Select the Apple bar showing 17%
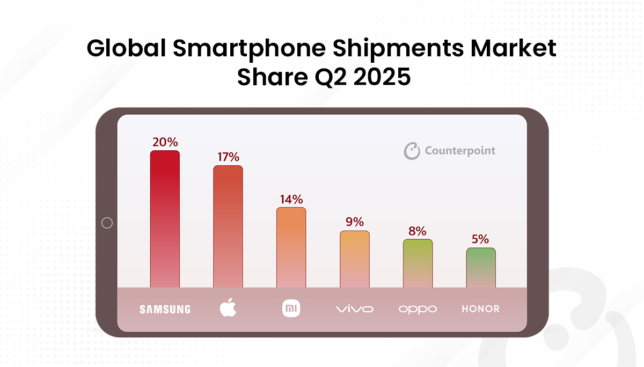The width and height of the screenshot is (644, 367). point(228,226)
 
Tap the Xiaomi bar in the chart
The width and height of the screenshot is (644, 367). point(291,247)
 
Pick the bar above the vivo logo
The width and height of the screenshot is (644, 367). point(354,259)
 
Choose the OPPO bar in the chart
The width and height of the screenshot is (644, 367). point(418,263)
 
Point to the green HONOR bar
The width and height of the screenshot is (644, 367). point(480,268)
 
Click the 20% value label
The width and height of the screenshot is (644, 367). point(165,142)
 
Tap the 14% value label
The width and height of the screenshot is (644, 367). point(291,200)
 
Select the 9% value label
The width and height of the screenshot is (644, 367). point(354,222)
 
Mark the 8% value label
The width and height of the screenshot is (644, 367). point(418,231)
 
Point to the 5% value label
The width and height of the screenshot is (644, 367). point(480,239)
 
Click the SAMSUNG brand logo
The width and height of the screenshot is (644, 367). point(165,309)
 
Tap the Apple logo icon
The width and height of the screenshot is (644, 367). point(228,308)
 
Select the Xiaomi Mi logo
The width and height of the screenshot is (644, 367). point(291,308)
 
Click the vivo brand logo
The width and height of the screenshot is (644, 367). point(354,309)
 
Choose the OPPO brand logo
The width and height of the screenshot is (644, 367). point(418,310)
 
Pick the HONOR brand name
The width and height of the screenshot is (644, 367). point(480,309)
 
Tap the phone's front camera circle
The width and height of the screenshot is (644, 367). point(107,223)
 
